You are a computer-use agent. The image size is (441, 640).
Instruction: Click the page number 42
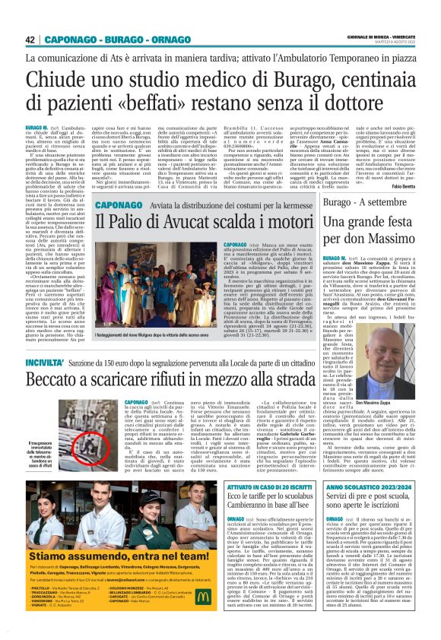coord(30,40)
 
